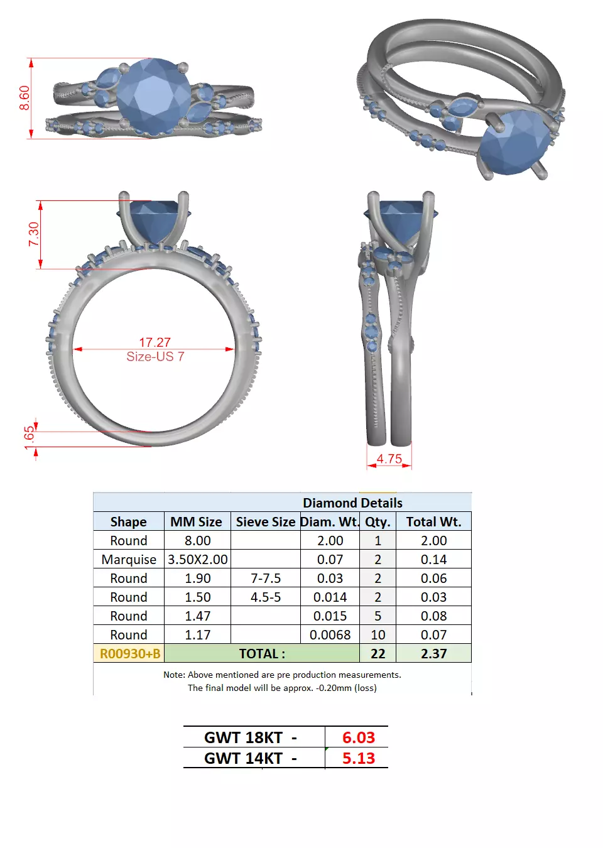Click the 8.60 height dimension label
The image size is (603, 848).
pyautogui.click(x=24, y=98)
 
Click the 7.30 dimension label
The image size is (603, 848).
pyautogui.click(x=33, y=234)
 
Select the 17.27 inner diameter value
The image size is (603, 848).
pyautogui.click(x=155, y=342)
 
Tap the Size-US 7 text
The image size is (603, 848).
pyautogui.click(x=155, y=357)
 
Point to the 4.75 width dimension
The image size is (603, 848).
pyautogui.click(x=389, y=459)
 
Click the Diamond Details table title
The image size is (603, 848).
pyautogui.click(x=352, y=503)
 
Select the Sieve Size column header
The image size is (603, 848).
pyautogui.click(x=265, y=521)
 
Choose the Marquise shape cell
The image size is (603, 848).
pyautogui.click(x=129, y=559)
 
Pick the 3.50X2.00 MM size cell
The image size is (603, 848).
pyautogui.click(x=197, y=559)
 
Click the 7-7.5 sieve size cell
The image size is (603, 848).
pyautogui.click(x=265, y=578)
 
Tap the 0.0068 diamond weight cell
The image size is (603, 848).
pyautogui.click(x=330, y=634)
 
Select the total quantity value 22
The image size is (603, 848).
pyautogui.click(x=378, y=653)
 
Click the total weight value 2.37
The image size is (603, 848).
pyautogui.click(x=433, y=653)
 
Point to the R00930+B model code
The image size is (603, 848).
pyautogui.click(x=129, y=653)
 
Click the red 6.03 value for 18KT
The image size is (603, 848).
pyautogui.click(x=358, y=737)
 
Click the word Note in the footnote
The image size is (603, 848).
pyautogui.click(x=173, y=675)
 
